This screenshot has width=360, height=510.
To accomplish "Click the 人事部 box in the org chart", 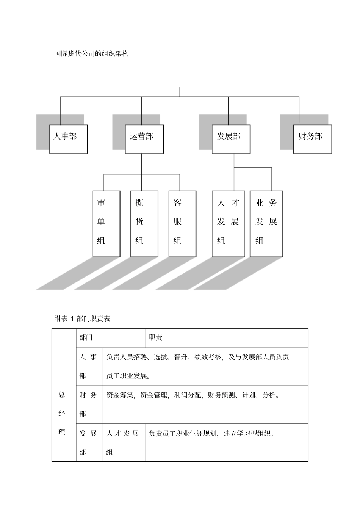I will (68, 139).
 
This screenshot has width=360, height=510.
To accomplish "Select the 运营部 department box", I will (144, 139).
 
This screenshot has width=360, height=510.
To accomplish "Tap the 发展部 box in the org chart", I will (231, 139).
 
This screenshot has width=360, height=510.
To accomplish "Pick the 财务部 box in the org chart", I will (312, 139).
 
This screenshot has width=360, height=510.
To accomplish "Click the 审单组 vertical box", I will (106, 223).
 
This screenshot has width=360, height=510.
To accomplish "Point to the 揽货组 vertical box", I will (144, 223).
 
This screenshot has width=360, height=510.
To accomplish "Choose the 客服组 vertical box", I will (182, 223).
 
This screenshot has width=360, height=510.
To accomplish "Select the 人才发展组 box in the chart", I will (228, 223).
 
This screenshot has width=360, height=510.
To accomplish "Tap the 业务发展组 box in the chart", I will (266, 223).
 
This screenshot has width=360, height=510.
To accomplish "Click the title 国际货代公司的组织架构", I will (92, 54).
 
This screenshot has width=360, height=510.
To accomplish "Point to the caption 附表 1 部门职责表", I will (82, 319).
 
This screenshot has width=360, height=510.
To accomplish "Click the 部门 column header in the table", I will (86, 337).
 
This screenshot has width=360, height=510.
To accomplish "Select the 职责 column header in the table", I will (156, 337).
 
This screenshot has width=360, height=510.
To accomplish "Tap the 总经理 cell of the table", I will (62, 413).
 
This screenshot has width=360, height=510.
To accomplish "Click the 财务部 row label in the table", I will (88, 404).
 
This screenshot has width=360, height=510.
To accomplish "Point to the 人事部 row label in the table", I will (88, 366).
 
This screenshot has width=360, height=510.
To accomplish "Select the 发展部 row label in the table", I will (88, 443).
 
